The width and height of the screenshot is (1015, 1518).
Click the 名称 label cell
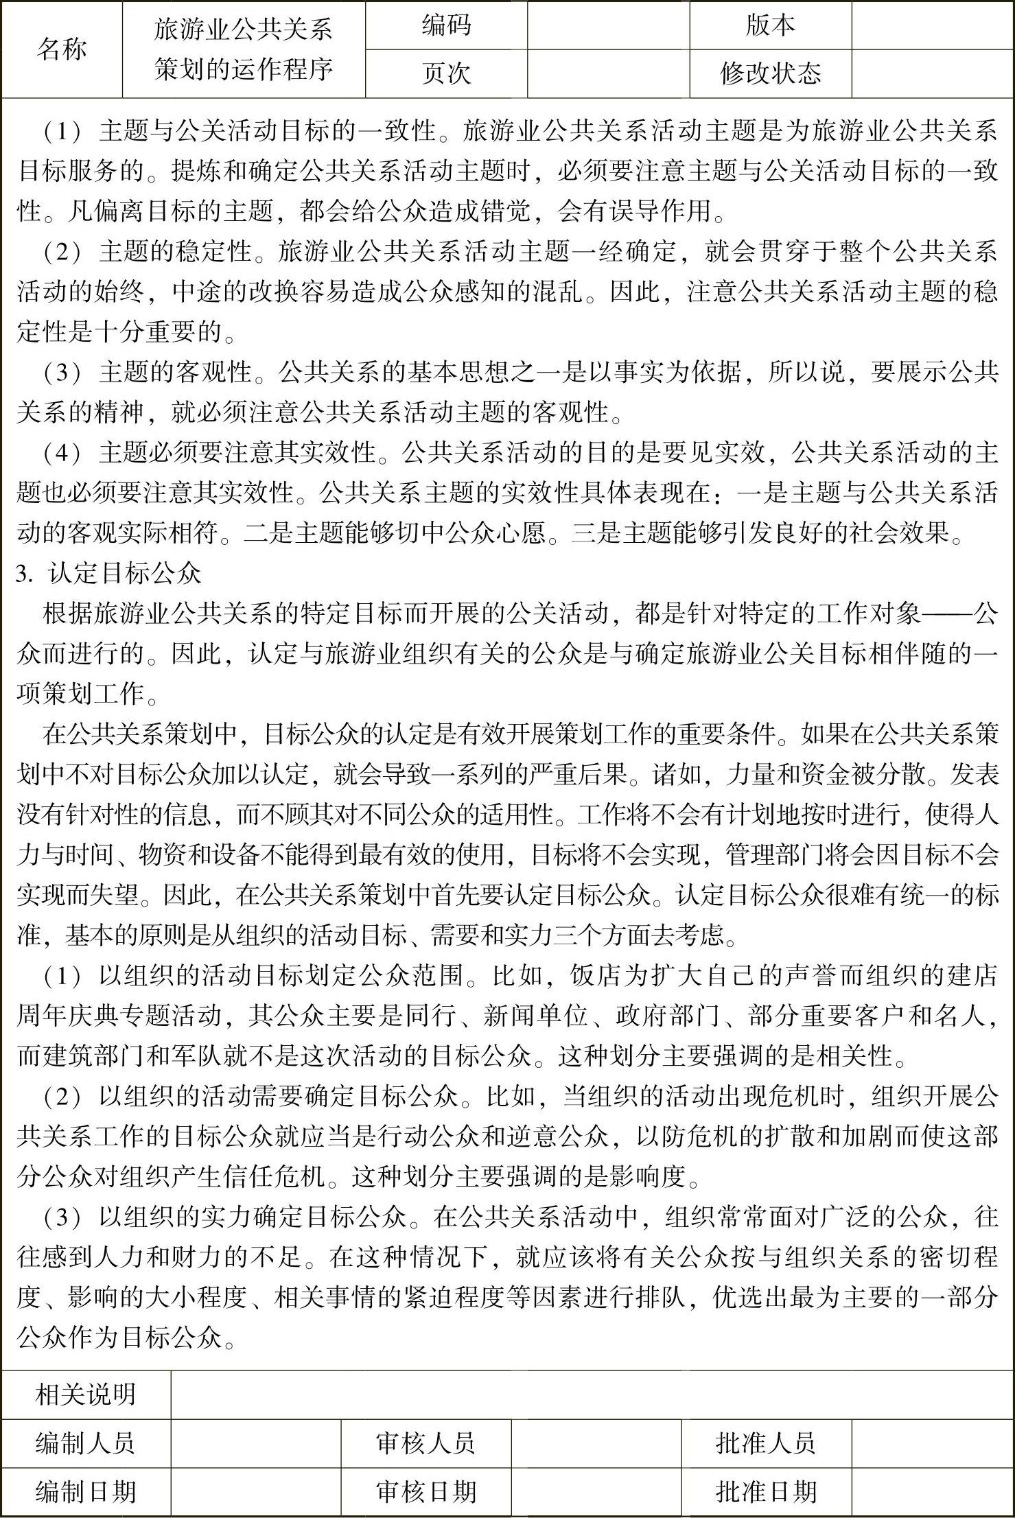tap(62, 49)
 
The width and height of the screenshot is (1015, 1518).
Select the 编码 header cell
tap(446, 25)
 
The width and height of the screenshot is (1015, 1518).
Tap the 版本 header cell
tap(770, 25)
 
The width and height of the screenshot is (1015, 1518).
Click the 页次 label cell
tap(446, 73)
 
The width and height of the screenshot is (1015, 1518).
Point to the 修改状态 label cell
tap(770, 73)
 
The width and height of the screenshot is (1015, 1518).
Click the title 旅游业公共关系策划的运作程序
tap(244, 49)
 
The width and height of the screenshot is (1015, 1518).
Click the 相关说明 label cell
tap(86, 1394)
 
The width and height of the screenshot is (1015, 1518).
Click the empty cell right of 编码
tap(608, 25)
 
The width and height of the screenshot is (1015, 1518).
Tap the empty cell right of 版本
tap(932, 25)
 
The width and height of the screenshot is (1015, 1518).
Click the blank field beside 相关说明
tap(592, 1394)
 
